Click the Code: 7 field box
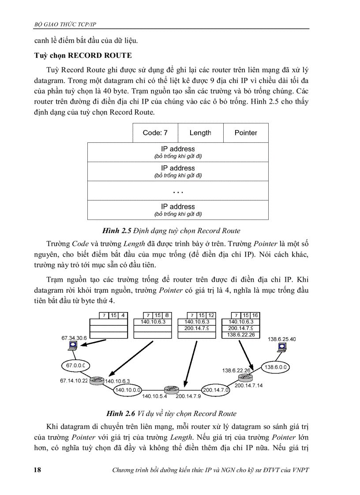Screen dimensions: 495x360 [155, 133]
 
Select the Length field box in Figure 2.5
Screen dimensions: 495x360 [200, 133]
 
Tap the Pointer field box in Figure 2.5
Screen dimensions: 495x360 [246, 133]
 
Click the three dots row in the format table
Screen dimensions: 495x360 [178, 191]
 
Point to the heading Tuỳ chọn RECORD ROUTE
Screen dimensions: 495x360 [83, 56]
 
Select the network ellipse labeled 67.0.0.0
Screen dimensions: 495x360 [75, 365]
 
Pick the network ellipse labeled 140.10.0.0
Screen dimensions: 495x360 [128, 390]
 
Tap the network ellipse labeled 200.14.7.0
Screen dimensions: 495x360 [216, 390]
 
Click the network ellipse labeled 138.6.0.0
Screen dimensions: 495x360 [276, 367]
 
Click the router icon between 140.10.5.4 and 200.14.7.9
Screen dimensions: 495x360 [170, 390]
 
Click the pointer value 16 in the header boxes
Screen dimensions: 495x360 [255, 315]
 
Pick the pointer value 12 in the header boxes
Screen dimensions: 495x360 [211, 315]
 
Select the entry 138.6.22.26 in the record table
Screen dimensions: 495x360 [240, 335]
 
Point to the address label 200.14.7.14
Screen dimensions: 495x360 [248, 385]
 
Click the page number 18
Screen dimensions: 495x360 [38, 470]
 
